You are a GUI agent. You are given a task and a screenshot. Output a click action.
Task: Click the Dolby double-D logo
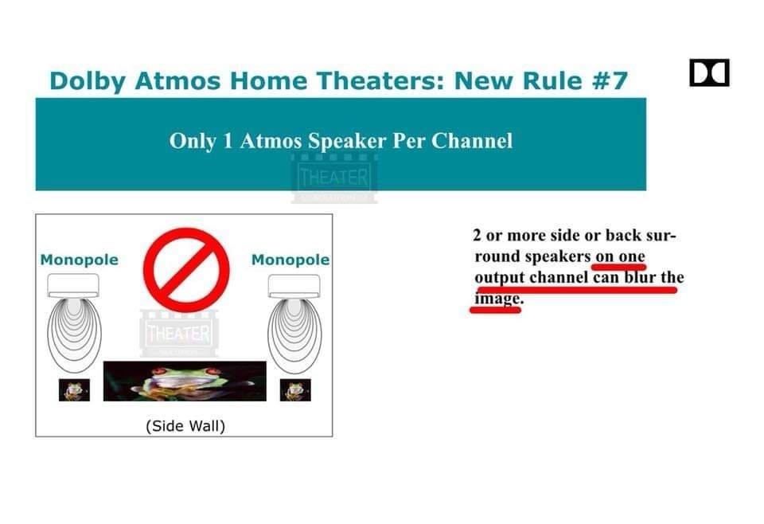coord(709,72)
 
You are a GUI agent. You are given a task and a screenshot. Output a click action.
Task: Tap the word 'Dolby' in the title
coord(88,81)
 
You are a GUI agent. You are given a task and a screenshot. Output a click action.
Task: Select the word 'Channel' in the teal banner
coord(472,141)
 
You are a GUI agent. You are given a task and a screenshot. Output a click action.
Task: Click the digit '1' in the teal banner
coord(228,141)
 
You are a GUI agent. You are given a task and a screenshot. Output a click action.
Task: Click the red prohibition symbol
coord(186,269)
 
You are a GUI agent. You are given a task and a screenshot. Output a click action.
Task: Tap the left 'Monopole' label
coord(79,260)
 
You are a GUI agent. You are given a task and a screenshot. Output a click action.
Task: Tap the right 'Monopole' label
coord(290,260)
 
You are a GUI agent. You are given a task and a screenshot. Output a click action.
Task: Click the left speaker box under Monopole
coord(73,286)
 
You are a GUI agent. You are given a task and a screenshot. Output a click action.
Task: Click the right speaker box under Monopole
coord(294,286)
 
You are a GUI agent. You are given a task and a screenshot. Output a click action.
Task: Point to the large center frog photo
coord(185,381)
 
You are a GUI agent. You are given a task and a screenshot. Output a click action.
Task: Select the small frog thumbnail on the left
coord(74,390)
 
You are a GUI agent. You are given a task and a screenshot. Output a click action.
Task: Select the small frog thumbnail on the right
coord(295,390)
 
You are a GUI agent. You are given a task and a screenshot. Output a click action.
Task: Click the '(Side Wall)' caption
coord(185,426)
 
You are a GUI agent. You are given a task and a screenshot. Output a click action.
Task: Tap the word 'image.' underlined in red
coord(498,299)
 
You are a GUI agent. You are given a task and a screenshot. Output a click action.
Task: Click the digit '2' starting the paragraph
coord(477,236)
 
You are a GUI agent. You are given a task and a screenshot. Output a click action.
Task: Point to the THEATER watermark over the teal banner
coord(334,178)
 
